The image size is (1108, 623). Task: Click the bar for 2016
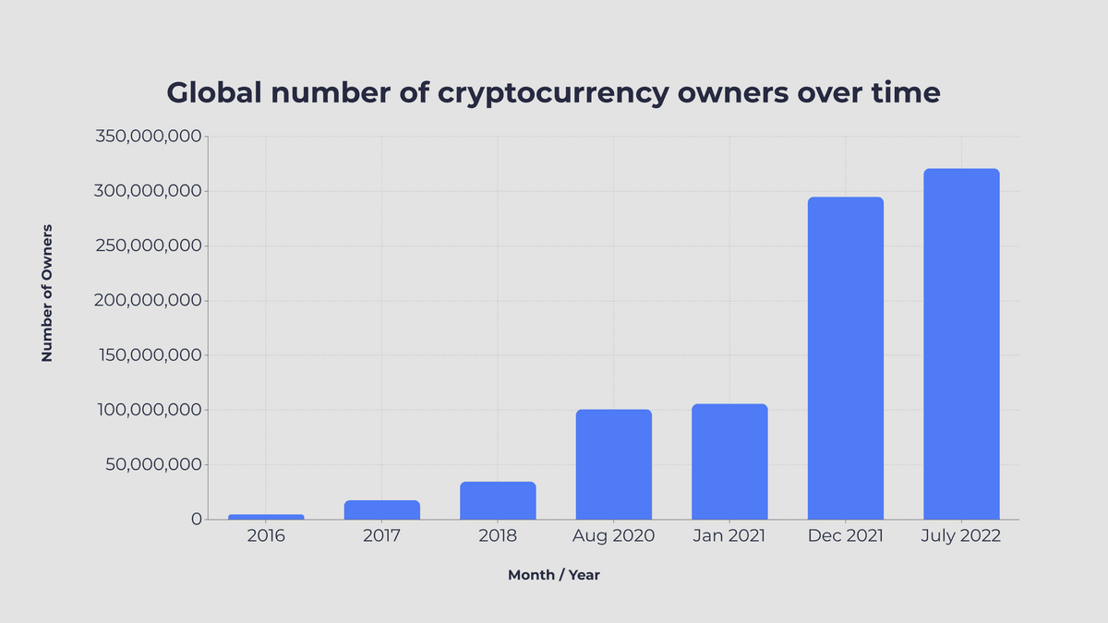pyautogui.click(x=266, y=517)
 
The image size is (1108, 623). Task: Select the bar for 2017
pyautogui.click(x=381, y=509)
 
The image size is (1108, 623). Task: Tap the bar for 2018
pyautogui.click(x=498, y=500)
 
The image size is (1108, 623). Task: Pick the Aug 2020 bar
pyautogui.click(x=614, y=464)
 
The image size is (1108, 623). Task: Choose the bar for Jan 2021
pyautogui.click(x=729, y=461)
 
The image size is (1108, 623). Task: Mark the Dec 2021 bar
pyautogui.click(x=846, y=358)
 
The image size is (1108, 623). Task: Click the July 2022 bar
pyautogui.click(x=961, y=344)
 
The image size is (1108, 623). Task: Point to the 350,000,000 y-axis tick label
pyautogui.click(x=149, y=137)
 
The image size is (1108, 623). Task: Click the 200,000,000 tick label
pyautogui.click(x=149, y=301)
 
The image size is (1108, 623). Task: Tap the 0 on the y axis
pyautogui.click(x=196, y=519)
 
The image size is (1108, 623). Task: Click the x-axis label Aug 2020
pyautogui.click(x=614, y=536)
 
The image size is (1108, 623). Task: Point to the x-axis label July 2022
pyautogui.click(x=961, y=536)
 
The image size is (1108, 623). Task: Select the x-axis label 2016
pyautogui.click(x=266, y=536)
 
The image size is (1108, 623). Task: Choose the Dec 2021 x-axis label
pyautogui.click(x=846, y=536)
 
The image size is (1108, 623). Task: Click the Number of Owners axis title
pyautogui.click(x=47, y=292)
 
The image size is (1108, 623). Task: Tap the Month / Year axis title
pyautogui.click(x=554, y=575)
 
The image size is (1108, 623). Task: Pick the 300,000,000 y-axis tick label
pyautogui.click(x=149, y=191)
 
